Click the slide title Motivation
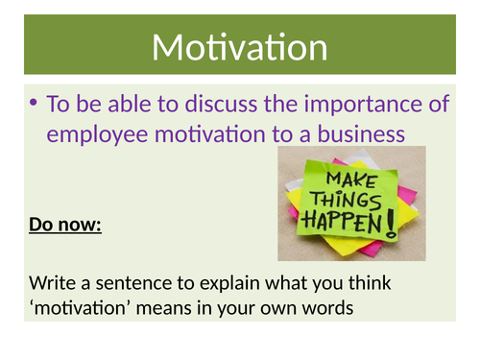(239, 47)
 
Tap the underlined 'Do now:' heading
(64, 228)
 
